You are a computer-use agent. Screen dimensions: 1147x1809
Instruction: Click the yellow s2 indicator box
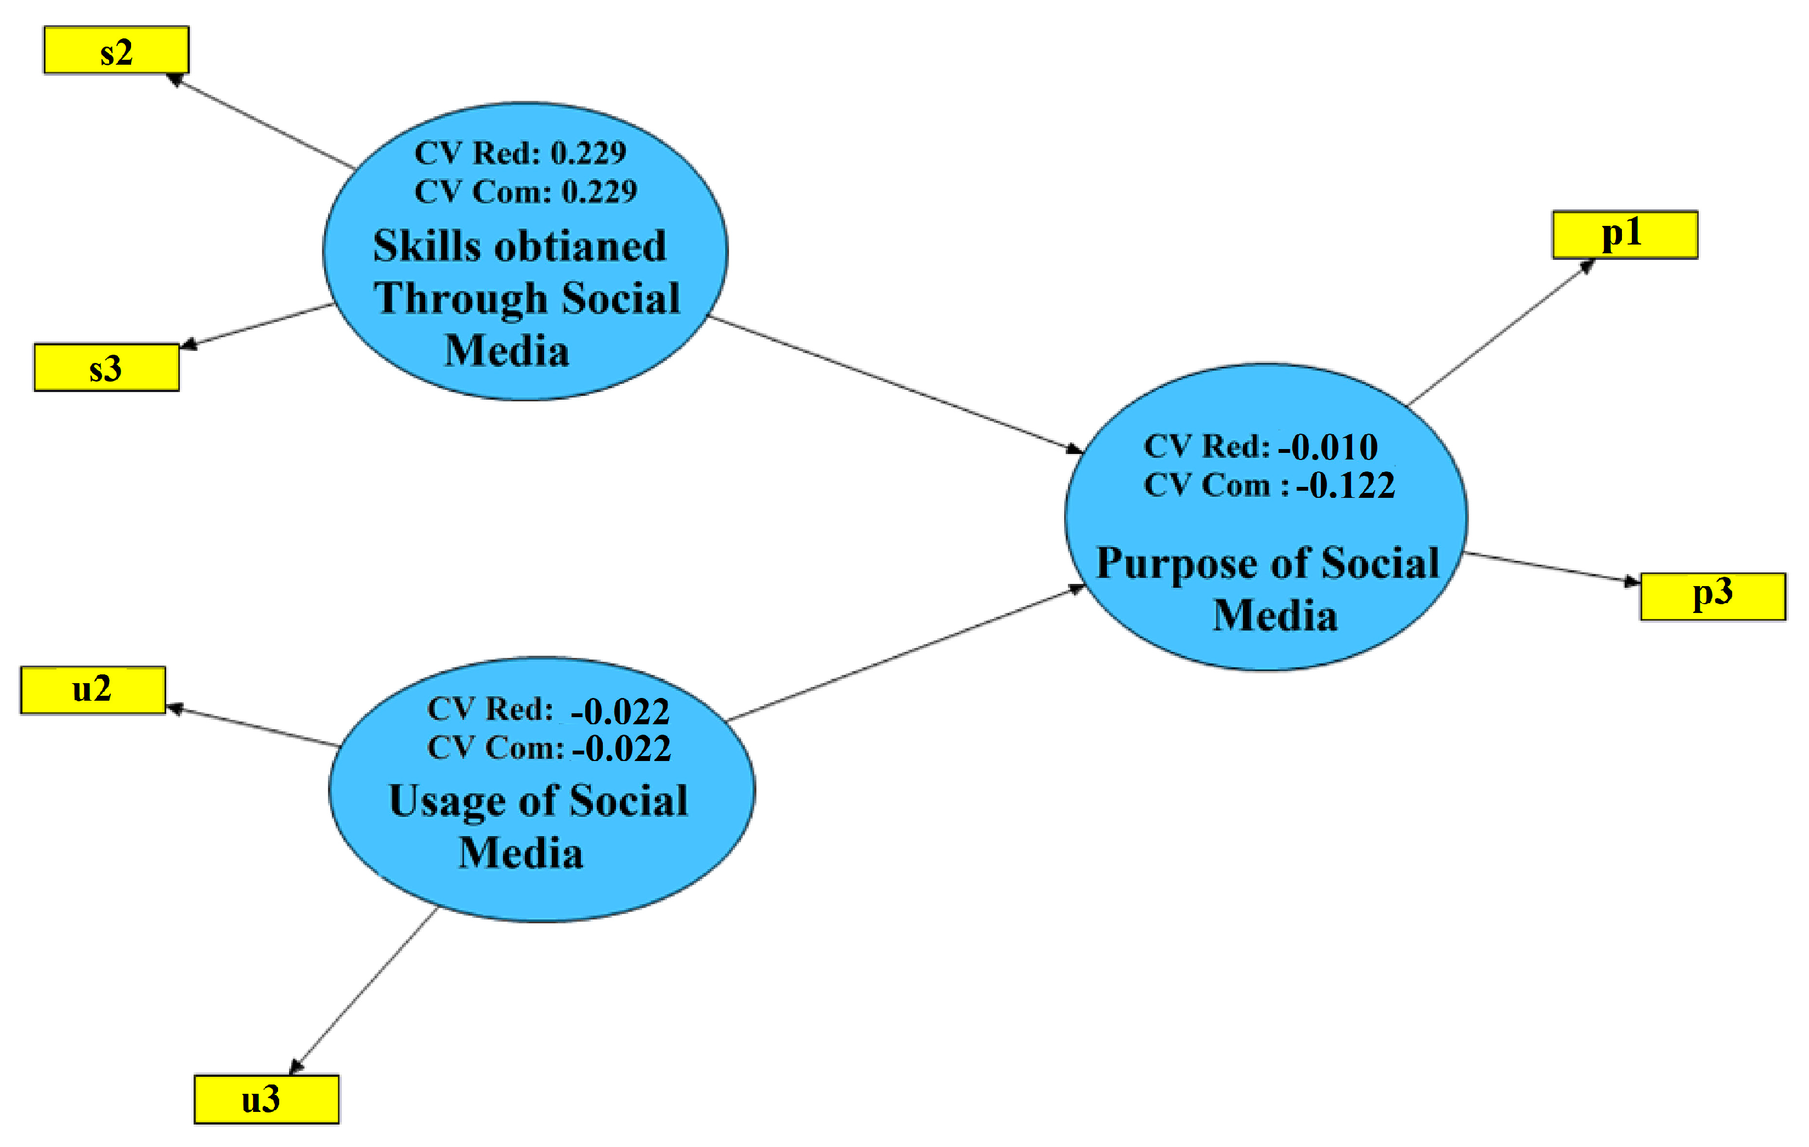pyautogui.click(x=116, y=50)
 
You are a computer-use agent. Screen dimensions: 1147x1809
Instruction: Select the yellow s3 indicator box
pyautogui.click(x=106, y=367)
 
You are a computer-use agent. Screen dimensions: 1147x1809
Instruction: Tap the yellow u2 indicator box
pyautogui.click(x=92, y=690)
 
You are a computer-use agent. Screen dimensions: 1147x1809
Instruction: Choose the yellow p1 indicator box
pyautogui.click(x=1625, y=234)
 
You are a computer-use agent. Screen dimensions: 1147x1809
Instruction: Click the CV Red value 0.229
pyautogui.click(x=588, y=153)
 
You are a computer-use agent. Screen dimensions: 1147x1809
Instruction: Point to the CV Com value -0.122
pyautogui.click(x=1345, y=486)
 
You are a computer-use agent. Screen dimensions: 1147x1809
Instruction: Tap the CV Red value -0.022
pyautogui.click(x=620, y=711)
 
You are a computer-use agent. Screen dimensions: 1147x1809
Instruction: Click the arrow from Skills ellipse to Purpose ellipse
pyautogui.click(x=894, y=384)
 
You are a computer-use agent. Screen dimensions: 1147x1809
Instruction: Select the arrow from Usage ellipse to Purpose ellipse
pyautogui.click(x=902, y=654)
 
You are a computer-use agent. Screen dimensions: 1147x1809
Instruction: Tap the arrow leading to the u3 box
pyautogui.click(x=364, y=991)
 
